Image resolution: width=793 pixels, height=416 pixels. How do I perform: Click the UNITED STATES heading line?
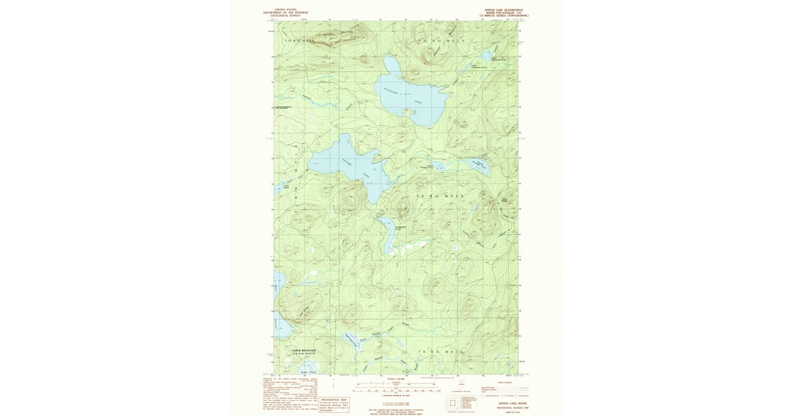[285, 9]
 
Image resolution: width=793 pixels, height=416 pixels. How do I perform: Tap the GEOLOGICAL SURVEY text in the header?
[285, 15]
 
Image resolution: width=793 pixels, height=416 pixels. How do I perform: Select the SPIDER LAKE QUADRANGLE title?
[504, 10]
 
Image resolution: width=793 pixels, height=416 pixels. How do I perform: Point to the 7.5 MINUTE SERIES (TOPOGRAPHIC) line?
[504, 16]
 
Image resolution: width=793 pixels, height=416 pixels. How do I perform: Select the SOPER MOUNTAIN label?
[305, 351]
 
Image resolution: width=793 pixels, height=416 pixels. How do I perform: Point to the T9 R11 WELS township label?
[435, 196]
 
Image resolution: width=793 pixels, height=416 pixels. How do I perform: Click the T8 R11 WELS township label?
[437, 353]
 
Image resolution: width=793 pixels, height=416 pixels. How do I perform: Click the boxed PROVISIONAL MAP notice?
[334, 403]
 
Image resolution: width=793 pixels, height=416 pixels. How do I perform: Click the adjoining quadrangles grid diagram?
[451, 402]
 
